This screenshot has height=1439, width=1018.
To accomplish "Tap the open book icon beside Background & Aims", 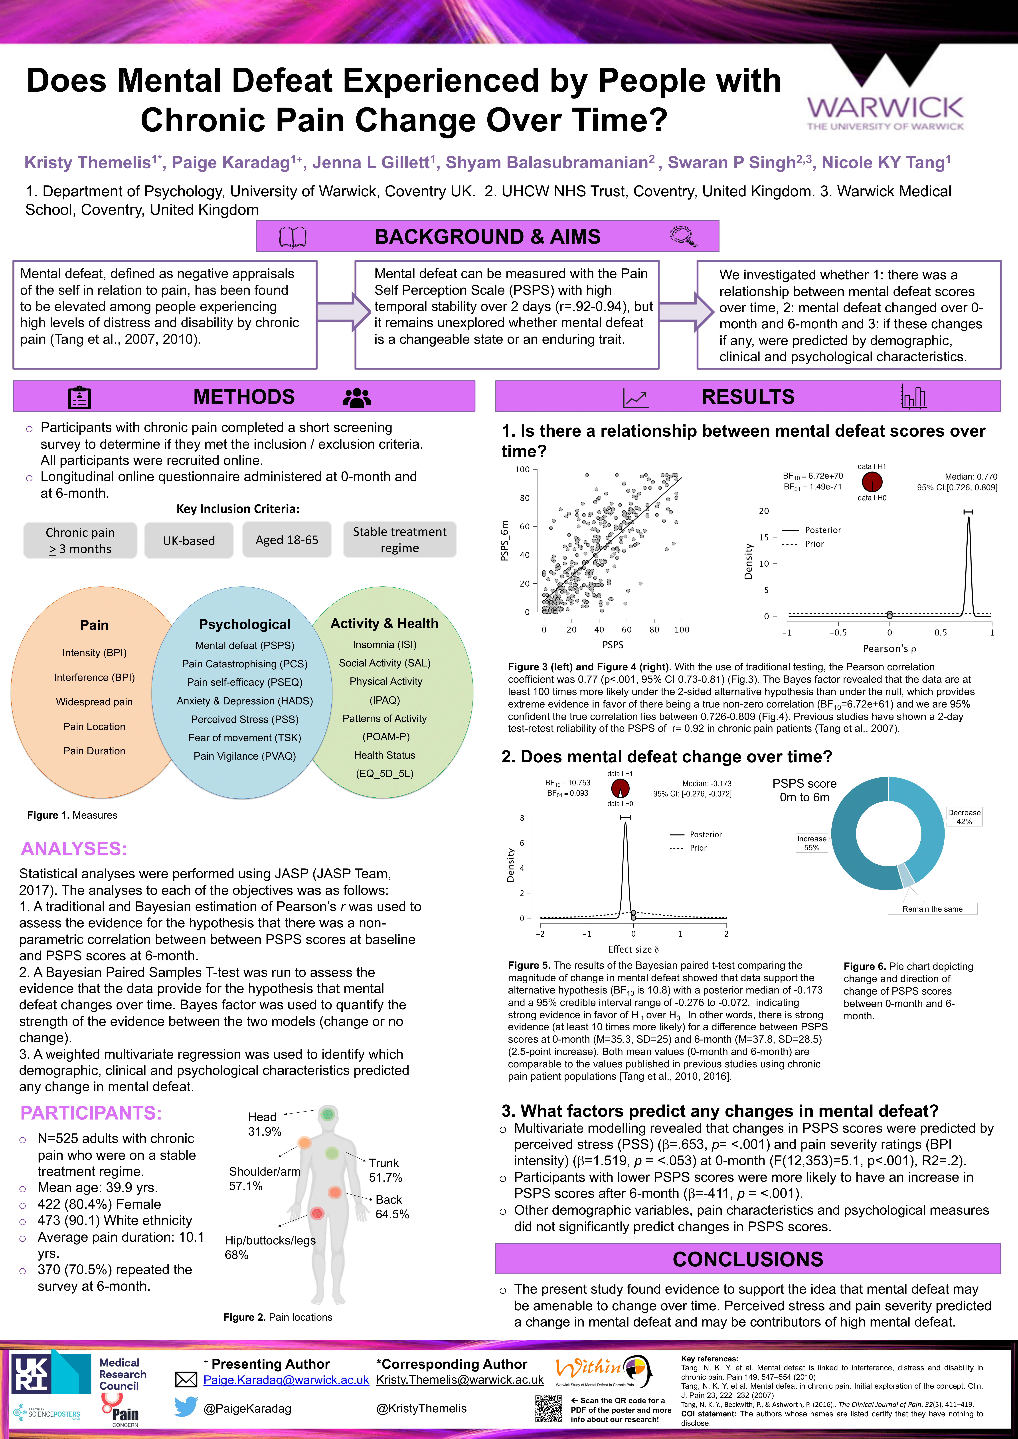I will click(293, 237).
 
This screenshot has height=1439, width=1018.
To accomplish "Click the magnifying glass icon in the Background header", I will click(683, 236).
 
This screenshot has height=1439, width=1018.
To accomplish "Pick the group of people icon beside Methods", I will click(357, 397).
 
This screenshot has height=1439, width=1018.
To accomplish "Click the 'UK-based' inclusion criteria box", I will click(189, 540).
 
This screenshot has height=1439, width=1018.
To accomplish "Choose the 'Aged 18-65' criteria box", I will click(287, 540).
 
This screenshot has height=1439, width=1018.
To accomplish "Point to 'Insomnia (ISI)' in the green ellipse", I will click(384, 644).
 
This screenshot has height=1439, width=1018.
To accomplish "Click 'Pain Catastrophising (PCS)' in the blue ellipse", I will click(244, 664).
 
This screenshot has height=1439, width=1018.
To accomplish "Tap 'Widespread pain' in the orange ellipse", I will click(94, 702).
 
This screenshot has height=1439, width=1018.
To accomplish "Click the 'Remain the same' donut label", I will click(932, 909).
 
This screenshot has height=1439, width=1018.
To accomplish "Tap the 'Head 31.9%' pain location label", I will click(264, 1124).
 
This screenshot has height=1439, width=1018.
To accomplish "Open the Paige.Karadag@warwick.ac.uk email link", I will click(286, 1380).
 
